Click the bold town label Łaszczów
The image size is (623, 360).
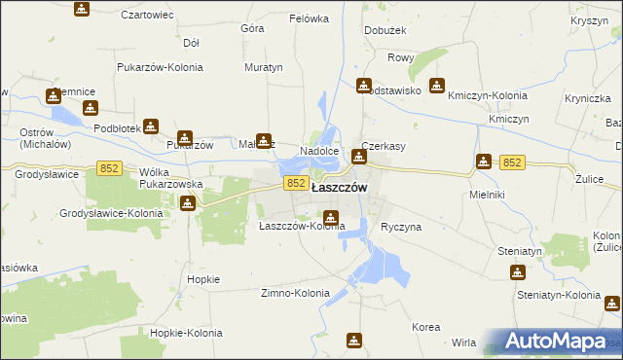(x=338, y=188)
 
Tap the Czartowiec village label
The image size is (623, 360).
(x=147, y=16)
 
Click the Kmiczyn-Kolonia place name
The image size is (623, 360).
(x=488, y=95)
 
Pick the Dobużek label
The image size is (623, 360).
(x=384, y=30)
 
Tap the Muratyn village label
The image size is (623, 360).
(x=263, y=68)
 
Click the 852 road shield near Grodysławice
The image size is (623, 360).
(x=109, y=169)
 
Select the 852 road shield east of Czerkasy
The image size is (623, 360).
(x=513, y=162)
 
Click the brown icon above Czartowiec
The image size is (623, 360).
(x=81, y=9)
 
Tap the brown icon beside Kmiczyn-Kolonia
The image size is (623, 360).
(x=437, y=86)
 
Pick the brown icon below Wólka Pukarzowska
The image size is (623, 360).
(x=187, y=203)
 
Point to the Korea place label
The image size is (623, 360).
(x=425, y=327)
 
